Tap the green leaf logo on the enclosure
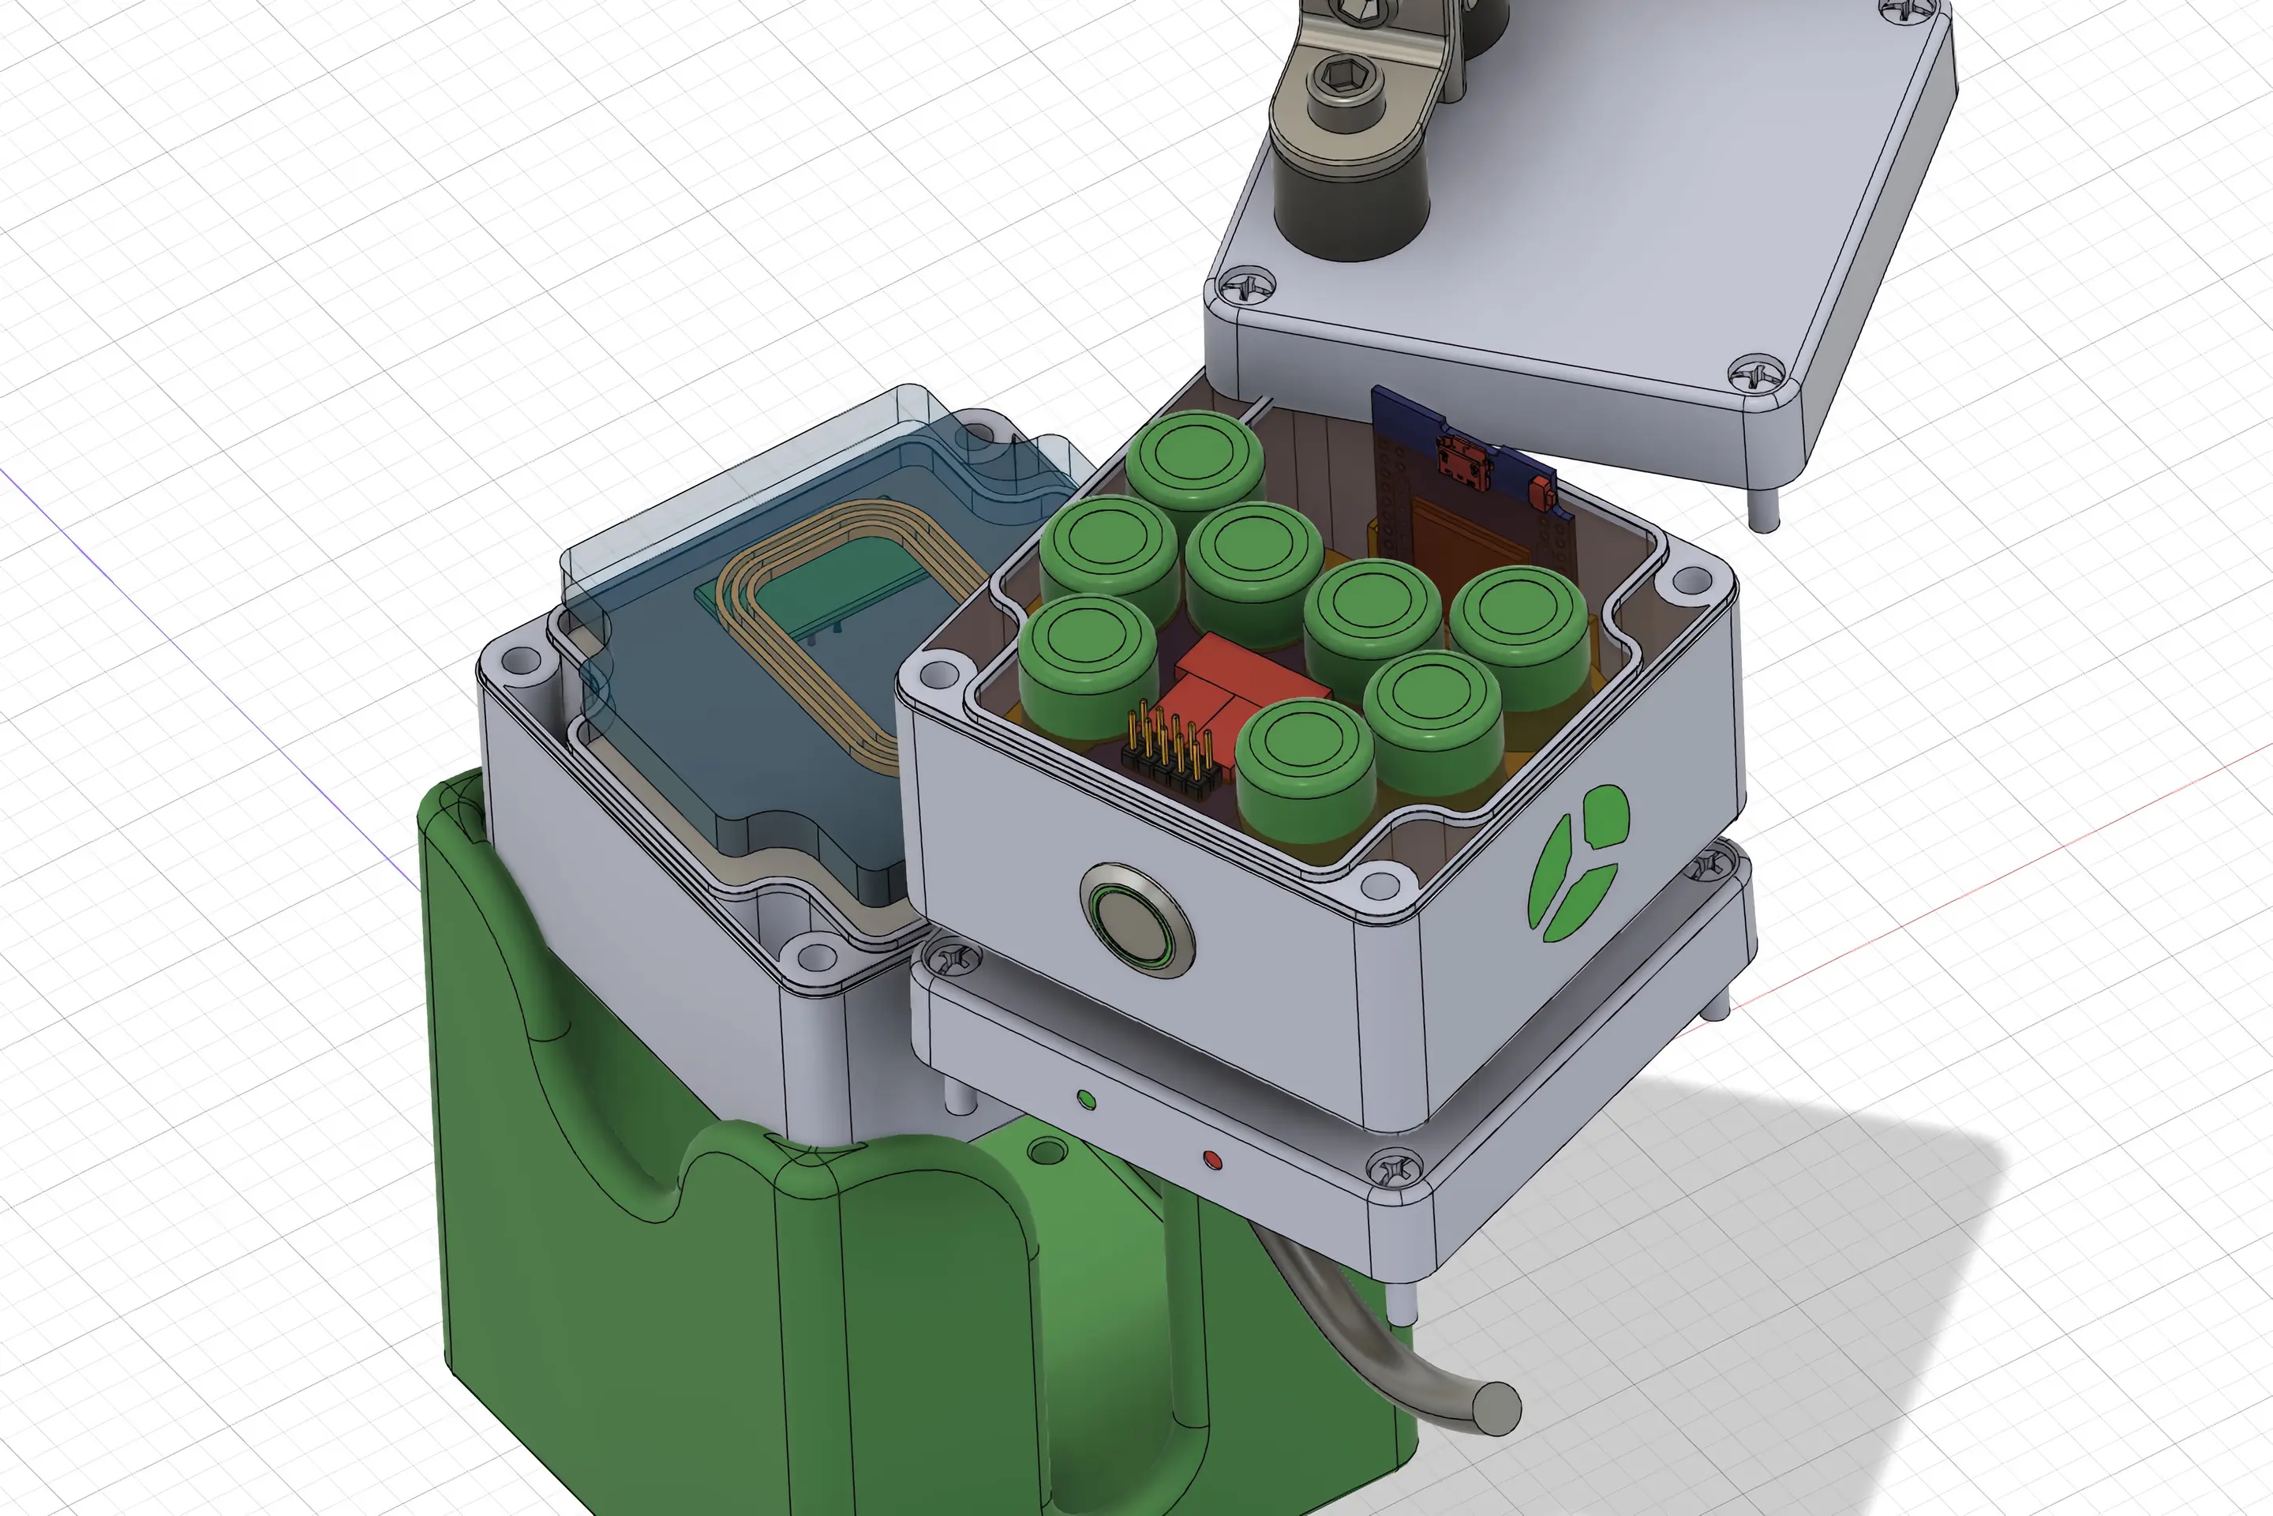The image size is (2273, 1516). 1577,863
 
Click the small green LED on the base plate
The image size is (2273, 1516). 1085,1099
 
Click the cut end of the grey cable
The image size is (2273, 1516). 1497,1408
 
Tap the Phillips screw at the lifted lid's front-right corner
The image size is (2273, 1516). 1757,372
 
